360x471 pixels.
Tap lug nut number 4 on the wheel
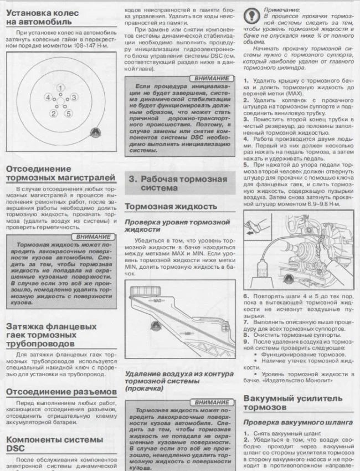tap(49, 98)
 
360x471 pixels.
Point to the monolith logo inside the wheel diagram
tap(94, 131)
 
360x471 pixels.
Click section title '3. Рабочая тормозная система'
tap(177, 183)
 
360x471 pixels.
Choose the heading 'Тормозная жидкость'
tap(171, 206)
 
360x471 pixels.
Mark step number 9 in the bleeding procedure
tap(246, 342)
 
